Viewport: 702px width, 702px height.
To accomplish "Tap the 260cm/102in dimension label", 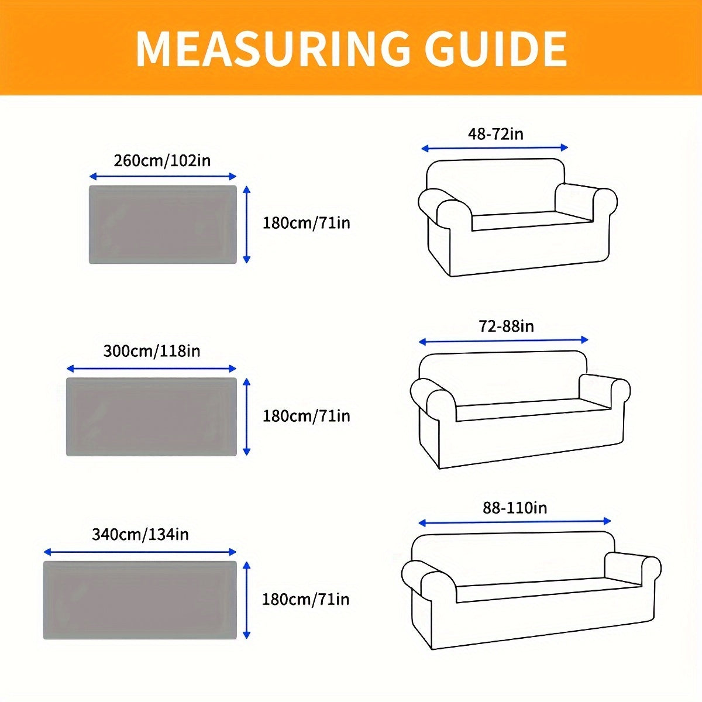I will click(162, 160).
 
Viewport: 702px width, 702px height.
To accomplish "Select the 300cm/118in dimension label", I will click(152, 351).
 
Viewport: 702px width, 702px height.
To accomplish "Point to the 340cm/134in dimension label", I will click(140, 534).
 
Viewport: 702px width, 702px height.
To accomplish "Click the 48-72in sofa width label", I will click(495, 134).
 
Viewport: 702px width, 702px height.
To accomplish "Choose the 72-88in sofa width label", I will click(506, 326).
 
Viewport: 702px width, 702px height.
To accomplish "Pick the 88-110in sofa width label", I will click(515, 507).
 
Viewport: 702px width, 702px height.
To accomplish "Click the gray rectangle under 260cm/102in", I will click(163, 225).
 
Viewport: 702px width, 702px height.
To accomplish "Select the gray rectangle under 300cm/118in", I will click(152, 417).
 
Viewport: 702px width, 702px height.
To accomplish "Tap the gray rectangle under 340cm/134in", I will click(140, 600).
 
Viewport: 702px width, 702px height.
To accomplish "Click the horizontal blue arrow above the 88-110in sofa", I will click(515, 521).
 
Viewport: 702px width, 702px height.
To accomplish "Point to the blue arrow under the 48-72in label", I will click(495, 148).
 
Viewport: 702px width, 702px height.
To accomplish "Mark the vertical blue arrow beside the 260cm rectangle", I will click(247, 225).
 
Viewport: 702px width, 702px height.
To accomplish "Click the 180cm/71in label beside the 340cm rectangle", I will click(306, 600).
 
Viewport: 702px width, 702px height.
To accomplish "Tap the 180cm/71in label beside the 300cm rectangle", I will click(306, 416).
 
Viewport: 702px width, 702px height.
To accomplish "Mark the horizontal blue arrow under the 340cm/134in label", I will click(140, 552).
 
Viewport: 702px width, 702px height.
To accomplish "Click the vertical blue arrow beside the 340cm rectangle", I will click(247, 600).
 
